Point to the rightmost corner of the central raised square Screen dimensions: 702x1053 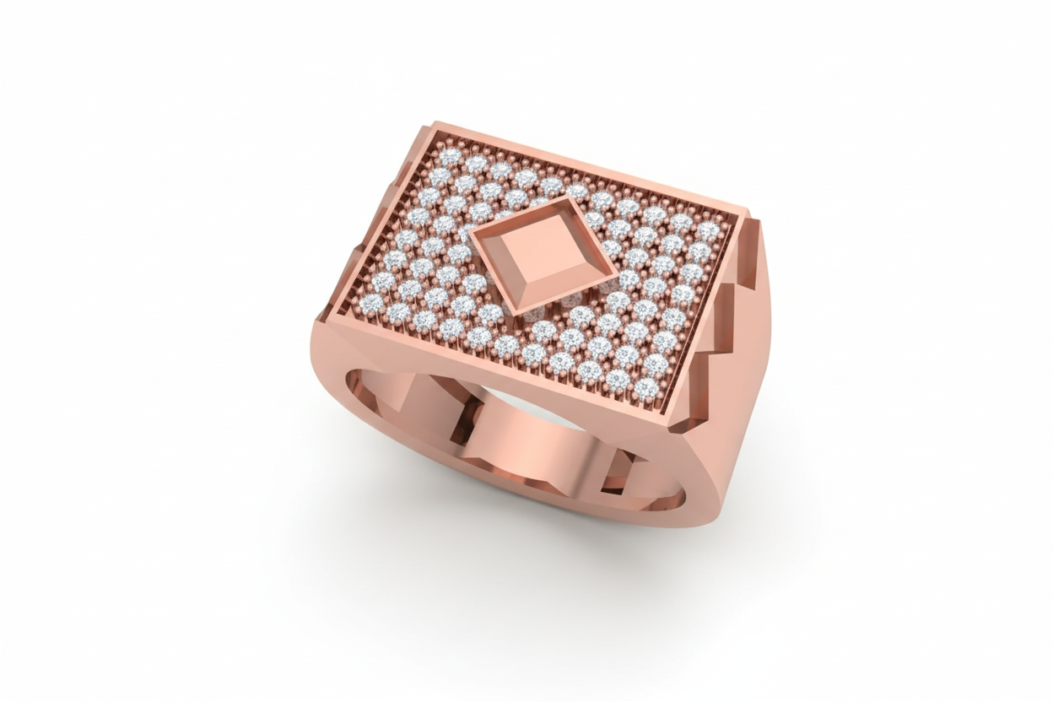pos(618,273)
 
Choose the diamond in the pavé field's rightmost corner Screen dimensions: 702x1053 pos(709,229)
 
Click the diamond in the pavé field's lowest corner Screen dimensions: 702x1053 pos(645,389)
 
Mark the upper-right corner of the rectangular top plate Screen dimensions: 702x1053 pos(748,213)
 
